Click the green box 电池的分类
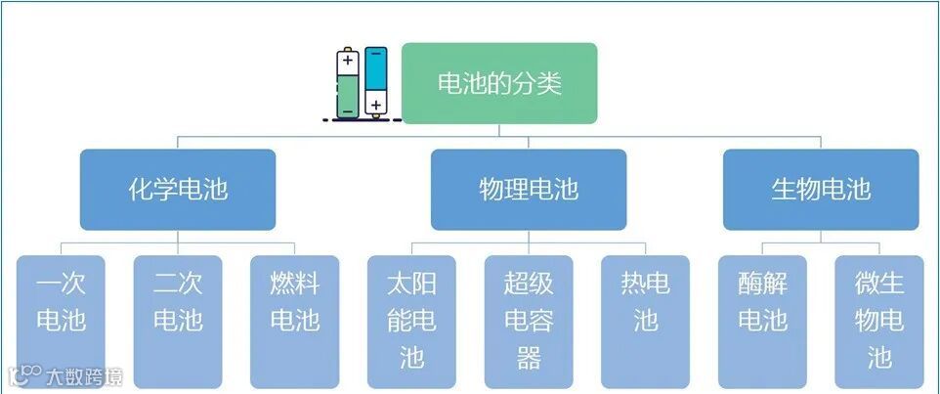[x=499, y=83]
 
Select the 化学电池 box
[x=178, y=189]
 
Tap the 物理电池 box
[x=529, y=189]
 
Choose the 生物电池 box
[x=821, y=189]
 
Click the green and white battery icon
[x=348, y=83]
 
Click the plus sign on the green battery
[x=348, y=61]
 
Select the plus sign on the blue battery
[x=376, y=104]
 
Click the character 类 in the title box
[x=550, y=83]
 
